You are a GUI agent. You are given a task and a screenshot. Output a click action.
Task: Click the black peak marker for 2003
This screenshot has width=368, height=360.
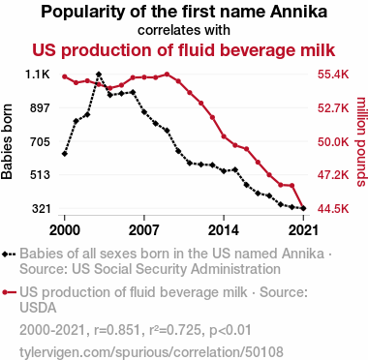(x=99, y=75)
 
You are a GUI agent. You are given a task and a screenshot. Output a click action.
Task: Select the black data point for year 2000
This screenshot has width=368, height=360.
(x=65, y=154)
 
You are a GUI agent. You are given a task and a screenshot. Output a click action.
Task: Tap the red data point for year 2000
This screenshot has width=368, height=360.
(x=65, y=76)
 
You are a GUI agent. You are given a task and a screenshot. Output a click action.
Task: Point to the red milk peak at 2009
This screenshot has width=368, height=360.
(x=167, y=75)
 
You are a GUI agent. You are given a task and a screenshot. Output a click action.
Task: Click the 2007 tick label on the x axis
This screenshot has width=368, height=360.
(x=144, y=230)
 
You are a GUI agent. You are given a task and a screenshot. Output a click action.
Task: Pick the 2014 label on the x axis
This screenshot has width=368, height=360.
(x=224, y=230)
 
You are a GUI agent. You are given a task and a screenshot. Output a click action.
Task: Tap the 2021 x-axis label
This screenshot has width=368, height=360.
(x=303, y=230)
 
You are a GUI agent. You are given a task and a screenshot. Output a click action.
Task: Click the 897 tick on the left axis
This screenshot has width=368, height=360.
(x=40, y=108)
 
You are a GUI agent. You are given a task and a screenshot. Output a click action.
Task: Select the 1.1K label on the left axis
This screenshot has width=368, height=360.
(x=38, y=75)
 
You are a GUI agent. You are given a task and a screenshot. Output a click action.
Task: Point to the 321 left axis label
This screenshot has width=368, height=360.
(x=41, y=209)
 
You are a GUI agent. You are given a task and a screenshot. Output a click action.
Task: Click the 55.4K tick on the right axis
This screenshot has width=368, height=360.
(x=333, y=75)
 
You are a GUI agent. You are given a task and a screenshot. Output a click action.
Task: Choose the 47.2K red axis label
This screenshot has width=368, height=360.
(x=333, y=175)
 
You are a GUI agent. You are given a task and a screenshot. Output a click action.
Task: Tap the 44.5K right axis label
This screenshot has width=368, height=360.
(x=333, y=209)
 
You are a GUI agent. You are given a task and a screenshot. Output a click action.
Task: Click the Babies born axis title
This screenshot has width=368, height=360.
(x=7, y=141)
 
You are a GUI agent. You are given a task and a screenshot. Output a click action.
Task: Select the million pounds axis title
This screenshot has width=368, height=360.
(x=361, y=141)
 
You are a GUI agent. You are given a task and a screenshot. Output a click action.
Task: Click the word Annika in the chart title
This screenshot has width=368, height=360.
(x=298, y=12)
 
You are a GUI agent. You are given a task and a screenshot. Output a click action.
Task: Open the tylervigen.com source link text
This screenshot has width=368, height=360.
(x=152, y=351)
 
